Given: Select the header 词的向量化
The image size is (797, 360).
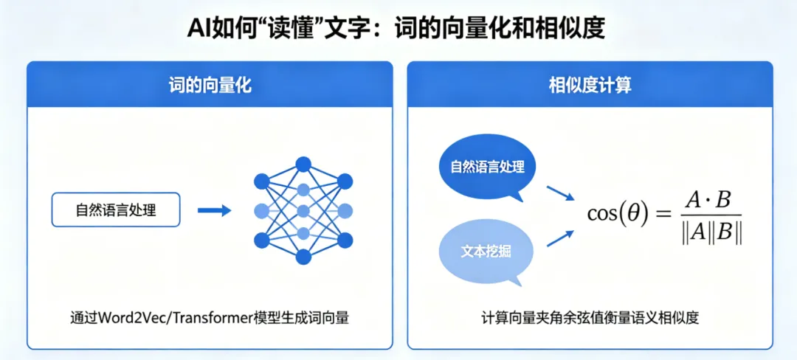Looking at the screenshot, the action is (210, 85).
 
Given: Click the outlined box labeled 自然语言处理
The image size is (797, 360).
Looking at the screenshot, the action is (116, 210).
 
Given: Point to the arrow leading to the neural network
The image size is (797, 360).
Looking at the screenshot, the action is (214, 210).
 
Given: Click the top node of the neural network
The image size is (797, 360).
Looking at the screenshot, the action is (303, 164).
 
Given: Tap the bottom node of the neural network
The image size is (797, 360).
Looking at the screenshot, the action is (303, 257).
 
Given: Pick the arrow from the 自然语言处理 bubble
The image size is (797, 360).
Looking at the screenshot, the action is (560, 193).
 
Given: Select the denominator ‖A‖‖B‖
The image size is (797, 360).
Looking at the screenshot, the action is (711, 232).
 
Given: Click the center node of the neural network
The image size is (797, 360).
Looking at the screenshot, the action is (303, 211).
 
